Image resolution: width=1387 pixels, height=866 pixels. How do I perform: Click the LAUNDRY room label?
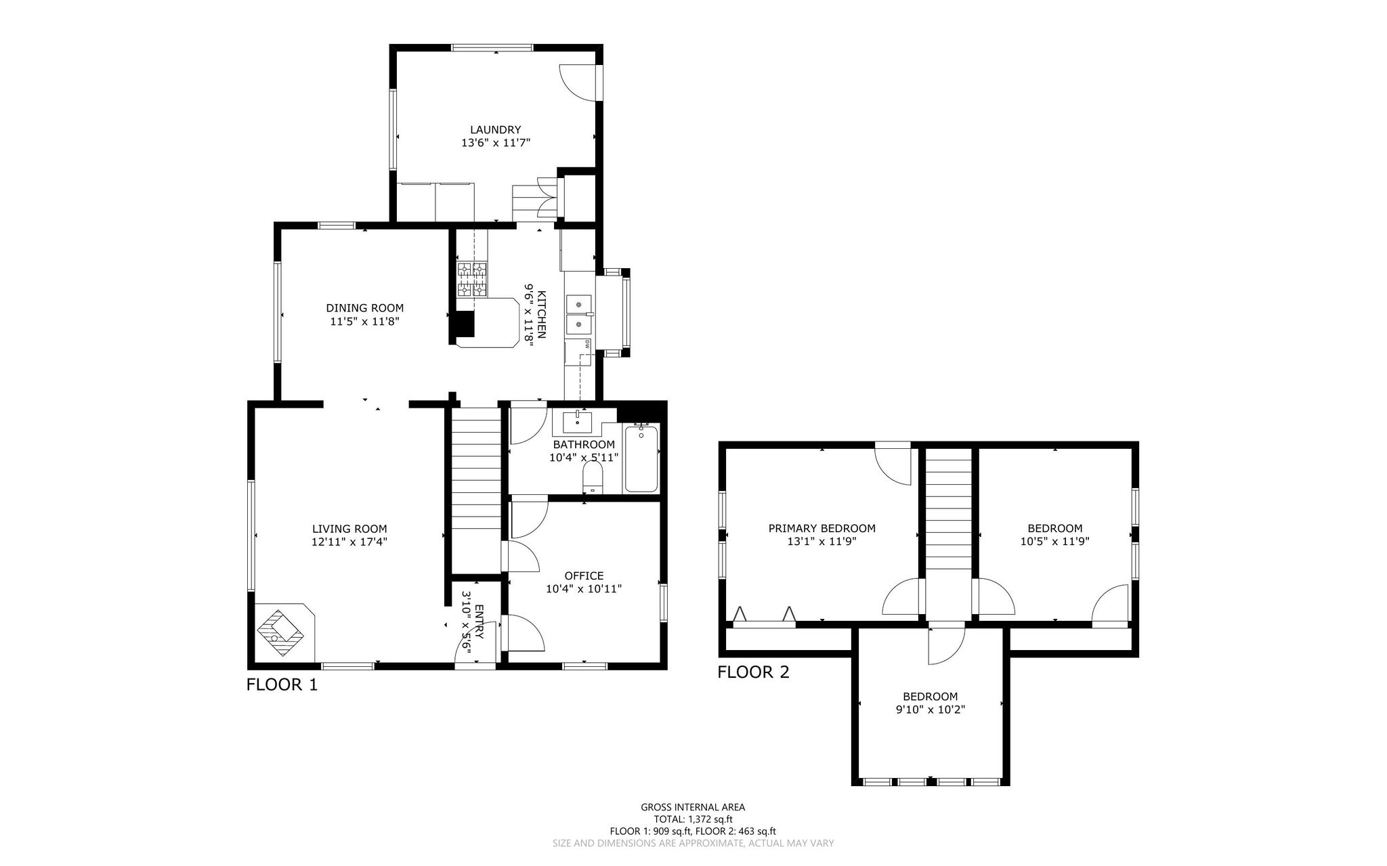tap(495, 130)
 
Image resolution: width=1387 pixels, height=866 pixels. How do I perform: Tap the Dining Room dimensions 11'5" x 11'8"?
tap(364, 322)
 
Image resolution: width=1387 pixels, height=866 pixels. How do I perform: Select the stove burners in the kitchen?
tap(473, 280)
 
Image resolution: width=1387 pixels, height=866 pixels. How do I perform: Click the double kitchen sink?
tap(580, 315)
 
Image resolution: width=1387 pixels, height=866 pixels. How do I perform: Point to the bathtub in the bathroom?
tap(641, 458)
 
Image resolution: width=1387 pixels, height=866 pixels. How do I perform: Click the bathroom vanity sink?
tap(577, 422)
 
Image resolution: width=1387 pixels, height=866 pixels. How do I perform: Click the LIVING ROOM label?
tap(349, 529)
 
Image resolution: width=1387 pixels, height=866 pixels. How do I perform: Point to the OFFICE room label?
tap(584, 576)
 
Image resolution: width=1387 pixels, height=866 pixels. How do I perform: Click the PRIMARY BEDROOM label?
tap(821, 529)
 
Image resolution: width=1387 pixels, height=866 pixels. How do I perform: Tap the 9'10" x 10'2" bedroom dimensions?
tap(930, 710)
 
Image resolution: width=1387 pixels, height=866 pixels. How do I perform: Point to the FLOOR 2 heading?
tap(753, 672)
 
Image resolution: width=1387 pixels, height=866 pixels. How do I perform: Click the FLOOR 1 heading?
tap(282, 685)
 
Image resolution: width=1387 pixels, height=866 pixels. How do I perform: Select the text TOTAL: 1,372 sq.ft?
tap(693, 819)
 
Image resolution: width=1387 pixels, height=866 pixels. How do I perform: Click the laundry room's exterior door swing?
tap(579, 83)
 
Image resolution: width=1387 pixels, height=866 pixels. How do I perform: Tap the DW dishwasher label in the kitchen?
tap(586, 343)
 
